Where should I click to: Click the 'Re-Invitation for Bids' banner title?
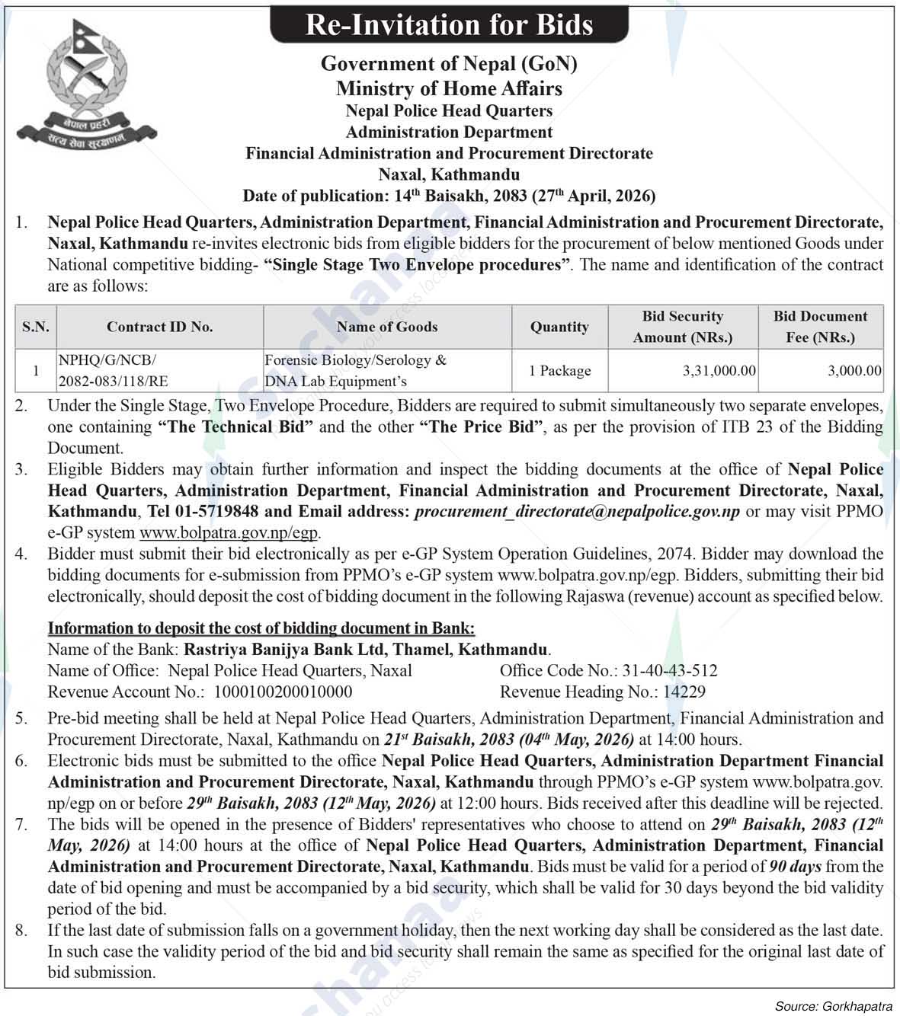[x=449, y=25]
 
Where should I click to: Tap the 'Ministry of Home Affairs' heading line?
[x=449, y=88]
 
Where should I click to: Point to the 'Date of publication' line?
[x=449, y=196]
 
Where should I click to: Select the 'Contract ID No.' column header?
[x=159, y=327]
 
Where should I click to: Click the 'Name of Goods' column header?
[x=387, y=327]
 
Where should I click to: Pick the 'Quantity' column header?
[x=559, y=327]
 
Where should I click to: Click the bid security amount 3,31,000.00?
[x=719, y=371]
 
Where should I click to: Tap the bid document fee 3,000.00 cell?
[x=855, y=371]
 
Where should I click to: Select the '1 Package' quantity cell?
[x=559, y=371]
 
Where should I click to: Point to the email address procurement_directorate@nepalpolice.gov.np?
[x=577, y=512]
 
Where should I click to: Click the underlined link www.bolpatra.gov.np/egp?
[x=229, y=533]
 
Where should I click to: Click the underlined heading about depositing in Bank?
[x=261, y=628]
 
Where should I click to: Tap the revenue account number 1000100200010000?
[x=283, y=692]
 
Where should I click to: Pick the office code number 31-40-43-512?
[x=669, y=671]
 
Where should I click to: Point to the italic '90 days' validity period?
[x=795, y=867]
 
